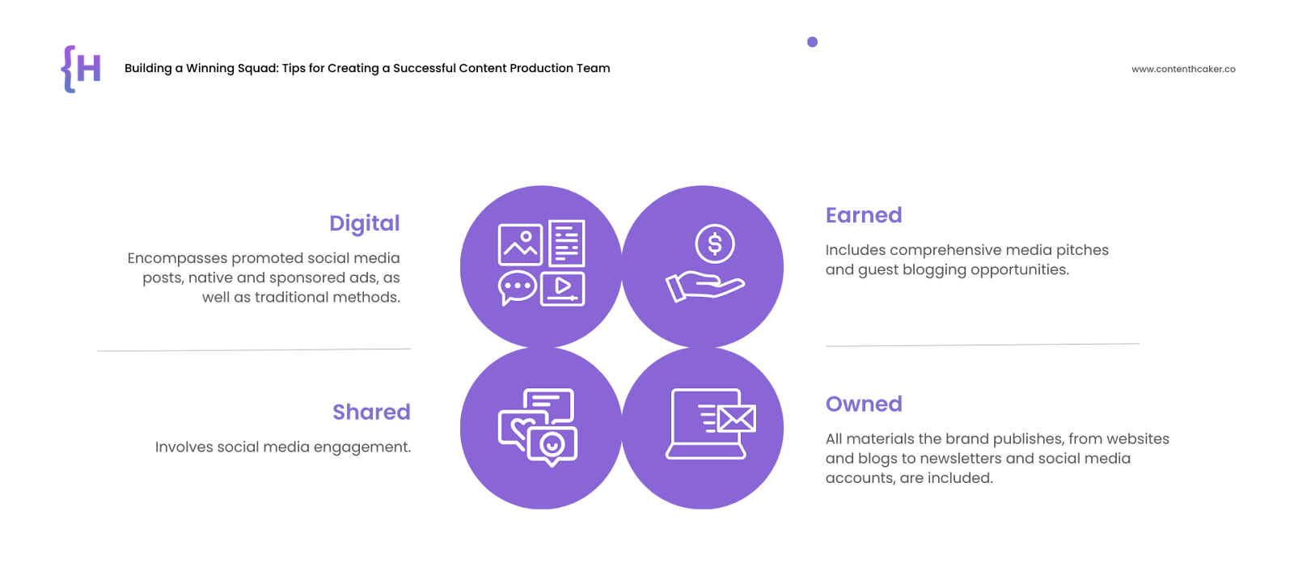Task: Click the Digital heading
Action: (364, 224)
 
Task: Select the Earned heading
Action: (864, 215)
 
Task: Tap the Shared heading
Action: (371, 412)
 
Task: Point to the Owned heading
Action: (864, 404)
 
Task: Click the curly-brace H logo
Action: (81, 69)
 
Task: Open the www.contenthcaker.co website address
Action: (1183, 69)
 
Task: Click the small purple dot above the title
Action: (812, 41)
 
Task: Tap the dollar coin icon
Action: (715, 243)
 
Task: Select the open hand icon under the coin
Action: (704, 286)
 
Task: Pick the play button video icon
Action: (563, 288)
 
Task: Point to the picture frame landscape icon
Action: (520, 244)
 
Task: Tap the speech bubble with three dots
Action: (517, 287)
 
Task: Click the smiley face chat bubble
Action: (552, 446)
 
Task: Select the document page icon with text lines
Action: (567, 243)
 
